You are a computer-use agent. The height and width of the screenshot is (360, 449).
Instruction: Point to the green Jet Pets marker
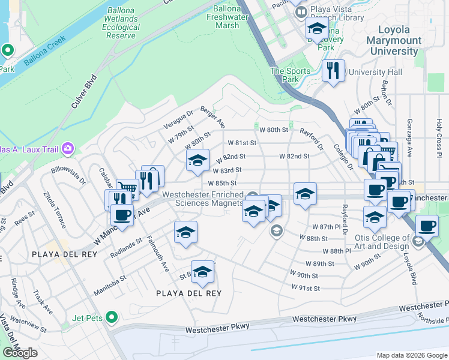(x=111, y=316)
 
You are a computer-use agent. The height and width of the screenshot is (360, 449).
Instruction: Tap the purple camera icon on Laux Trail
(x=68, y=148)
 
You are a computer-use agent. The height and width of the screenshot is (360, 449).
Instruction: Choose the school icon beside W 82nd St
(x=197, y=160)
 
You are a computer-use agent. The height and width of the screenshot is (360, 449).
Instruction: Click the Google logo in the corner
(x=20, y=353)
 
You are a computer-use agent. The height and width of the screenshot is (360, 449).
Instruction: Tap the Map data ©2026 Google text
(x=412, y=355)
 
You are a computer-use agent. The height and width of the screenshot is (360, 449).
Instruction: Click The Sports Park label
(x=291, y=75)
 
